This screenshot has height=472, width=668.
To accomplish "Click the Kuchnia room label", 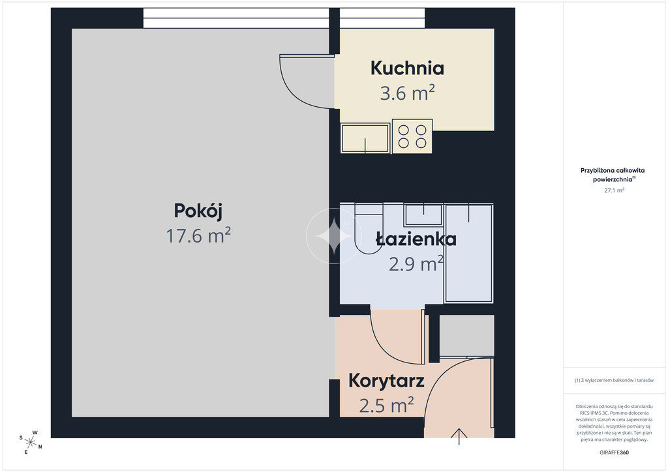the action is point(407,68).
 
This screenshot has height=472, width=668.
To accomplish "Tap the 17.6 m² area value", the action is point(198,235).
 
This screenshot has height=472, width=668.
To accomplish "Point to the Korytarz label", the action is point(386,381).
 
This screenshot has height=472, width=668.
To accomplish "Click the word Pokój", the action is point(198,211).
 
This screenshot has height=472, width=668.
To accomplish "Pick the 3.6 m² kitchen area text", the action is point(407,93).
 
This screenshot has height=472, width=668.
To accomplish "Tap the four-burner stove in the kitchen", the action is point(412,136).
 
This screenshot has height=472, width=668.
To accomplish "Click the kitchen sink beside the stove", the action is point(365,138).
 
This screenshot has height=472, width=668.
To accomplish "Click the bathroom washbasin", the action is point(423,215).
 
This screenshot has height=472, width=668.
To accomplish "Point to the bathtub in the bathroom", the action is point(468,253).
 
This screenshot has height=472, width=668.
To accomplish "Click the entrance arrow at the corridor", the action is point(459,436).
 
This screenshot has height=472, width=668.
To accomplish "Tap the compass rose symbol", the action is point(31,442).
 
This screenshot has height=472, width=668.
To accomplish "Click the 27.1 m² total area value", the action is point(614,190).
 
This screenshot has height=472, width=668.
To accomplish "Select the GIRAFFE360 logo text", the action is point(614,452).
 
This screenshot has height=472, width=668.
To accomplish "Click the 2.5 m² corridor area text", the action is point(386,405).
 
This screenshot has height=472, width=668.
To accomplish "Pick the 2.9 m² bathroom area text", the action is point(416,264).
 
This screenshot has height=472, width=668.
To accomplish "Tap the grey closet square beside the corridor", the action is point(466,335).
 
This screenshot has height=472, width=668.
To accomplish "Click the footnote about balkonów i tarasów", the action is point(614,380).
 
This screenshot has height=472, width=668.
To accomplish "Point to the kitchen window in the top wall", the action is point(382,18).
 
